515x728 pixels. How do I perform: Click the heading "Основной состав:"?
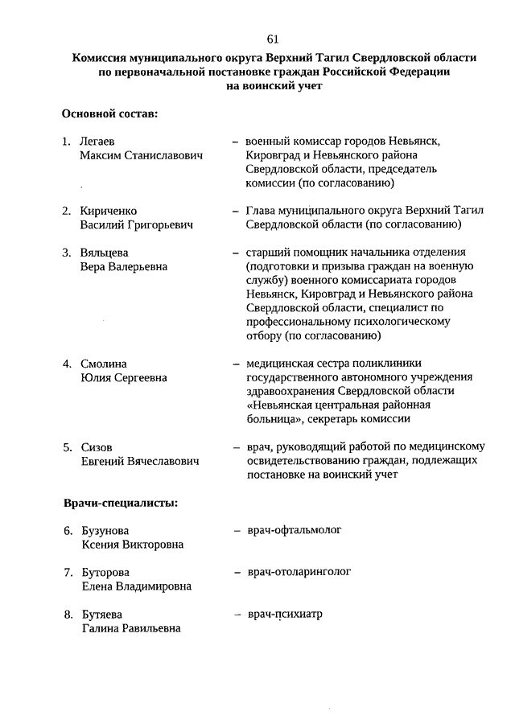pyautogui.click(x=109, y=114)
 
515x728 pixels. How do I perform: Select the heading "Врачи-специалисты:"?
pyautogui.click(x=121, y=504)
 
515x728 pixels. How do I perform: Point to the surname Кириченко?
pyautogui.click(x=109, y=211)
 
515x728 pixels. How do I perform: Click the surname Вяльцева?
pyautogui.click(x=105, y=253)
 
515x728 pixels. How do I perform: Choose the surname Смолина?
pyautogui.click(x=104, y=364)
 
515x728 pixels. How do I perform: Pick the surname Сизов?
pyautogui.click(x=97, y=447)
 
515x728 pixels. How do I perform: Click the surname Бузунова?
pyautogui.click(x=105, y=531)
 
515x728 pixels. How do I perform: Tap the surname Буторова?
pyautogui.click(x=105, y=573)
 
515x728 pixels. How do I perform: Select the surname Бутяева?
pyautogui.click(x=102, y=615)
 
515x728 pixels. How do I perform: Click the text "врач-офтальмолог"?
pyautogui.click(x=295, y=530)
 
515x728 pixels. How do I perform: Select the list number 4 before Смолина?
pyautogui.click(x=68, y=364)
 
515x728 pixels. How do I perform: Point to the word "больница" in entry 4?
pyautogui.click(x=274, y=418)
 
